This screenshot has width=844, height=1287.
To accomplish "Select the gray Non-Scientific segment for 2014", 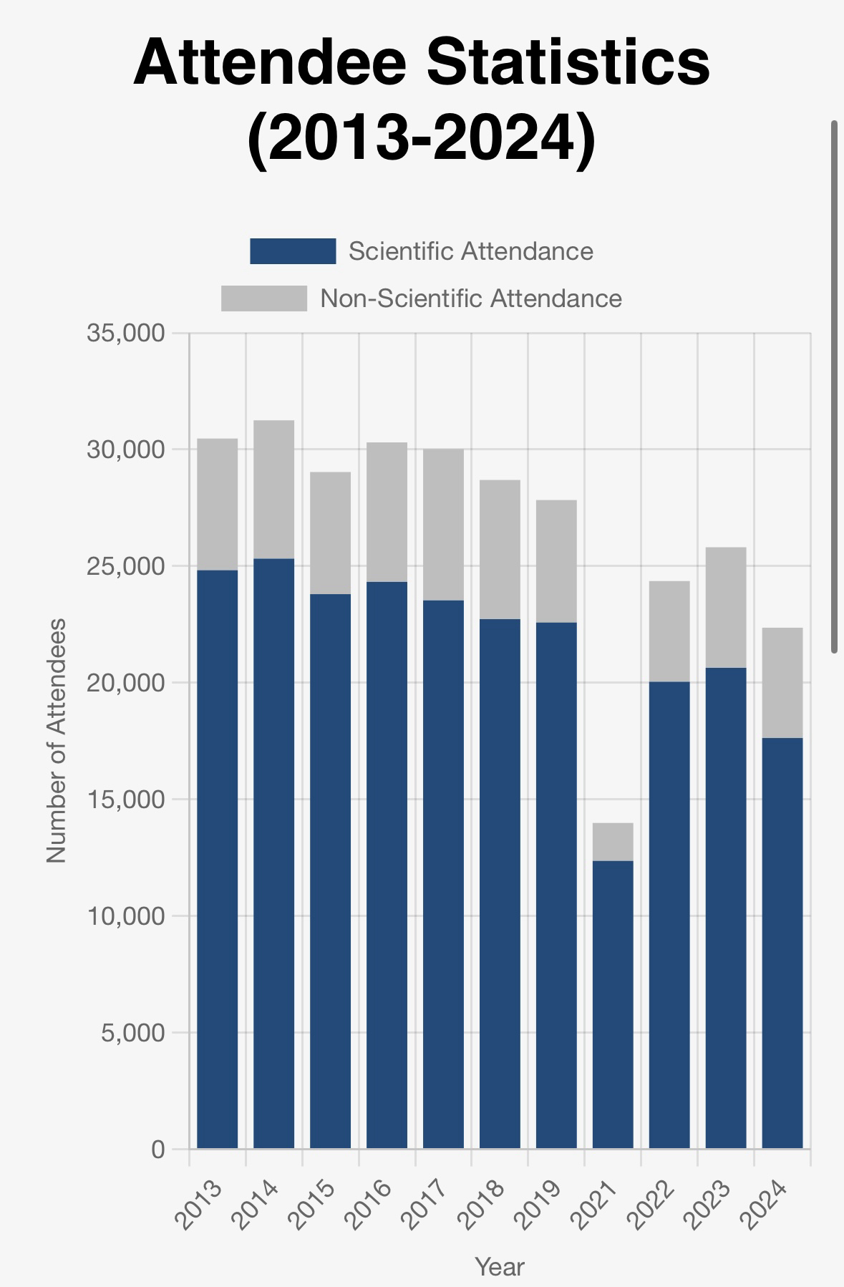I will (x=273, y=489).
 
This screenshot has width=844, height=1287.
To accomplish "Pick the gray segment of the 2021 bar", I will (x=613, y=842).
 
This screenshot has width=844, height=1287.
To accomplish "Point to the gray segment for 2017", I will (x=443, y=524).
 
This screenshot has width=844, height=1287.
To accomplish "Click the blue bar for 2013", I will (x=217, y=859).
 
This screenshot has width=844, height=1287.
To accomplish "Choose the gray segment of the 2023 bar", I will (x=725, y=607).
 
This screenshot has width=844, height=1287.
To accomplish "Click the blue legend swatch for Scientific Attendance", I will (x=293, y=251).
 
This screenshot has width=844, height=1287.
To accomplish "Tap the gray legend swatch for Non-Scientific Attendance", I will (x=263, y=298).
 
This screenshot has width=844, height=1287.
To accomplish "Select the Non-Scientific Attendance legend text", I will (x=471, y=298).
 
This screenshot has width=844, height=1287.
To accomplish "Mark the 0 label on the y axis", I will (x=157, y=1149).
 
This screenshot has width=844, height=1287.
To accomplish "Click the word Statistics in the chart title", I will (x=568, y=62).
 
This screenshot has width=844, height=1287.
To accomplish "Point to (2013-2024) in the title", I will (x=421, y=136).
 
